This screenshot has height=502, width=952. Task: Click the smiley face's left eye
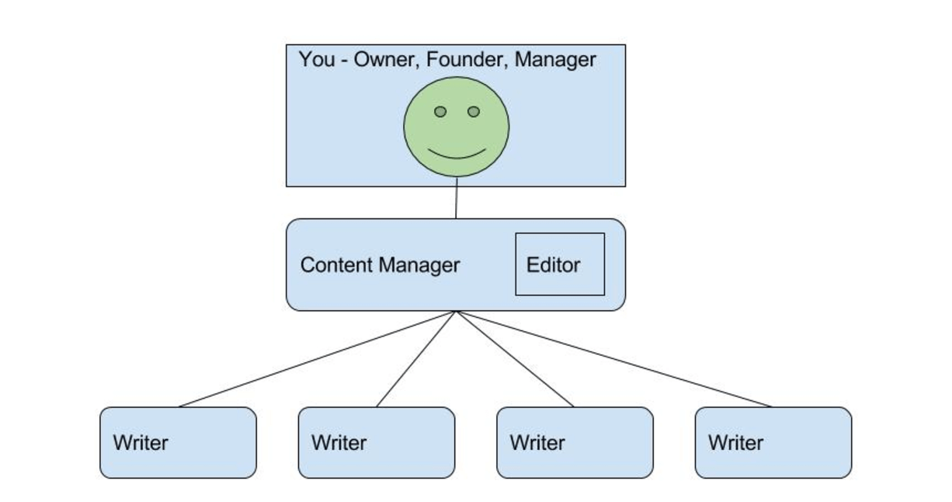pyautogui.click(x=440, y=112)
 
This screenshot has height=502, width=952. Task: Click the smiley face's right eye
pyautogui.click(x=474, y=112)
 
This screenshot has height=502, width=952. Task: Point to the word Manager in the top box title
pyautogui.click(x=556, y=60)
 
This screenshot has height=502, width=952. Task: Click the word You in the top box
pyautogui.click(x=317, y=60)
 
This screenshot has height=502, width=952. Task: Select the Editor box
pyautogui.click(x=560, y=264)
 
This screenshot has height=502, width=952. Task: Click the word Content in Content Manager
pyautogui.click(x=337, y=266)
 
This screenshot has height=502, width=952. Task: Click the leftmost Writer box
pyautogui.click(x=178, y=442)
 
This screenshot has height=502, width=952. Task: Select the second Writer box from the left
pyautogui.click(x=377, y=442)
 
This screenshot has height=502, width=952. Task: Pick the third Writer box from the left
pyautogui.click(x=575, y=442)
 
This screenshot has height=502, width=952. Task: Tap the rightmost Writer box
pyautogui.click(x=773, y=442)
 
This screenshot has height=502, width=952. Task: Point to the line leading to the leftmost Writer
pyautogui.click(x=318, y=358)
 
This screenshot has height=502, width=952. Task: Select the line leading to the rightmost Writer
pyautogui.click(x=613, y=358)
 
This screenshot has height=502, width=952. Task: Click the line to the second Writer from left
pyautogui.click(x=417, y=358)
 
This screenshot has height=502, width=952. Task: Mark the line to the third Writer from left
pyautogui.click(x=515, y=358)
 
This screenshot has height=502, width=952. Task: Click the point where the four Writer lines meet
pyautogui.click(x=457, y=312)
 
